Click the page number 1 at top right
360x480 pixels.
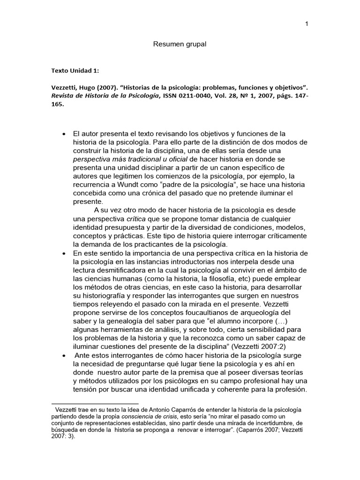tap(306, 25)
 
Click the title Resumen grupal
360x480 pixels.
tap(180, 44)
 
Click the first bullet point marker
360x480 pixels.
tap(64, 134)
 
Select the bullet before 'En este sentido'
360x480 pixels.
tap(64, 254)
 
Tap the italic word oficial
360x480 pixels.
tap(175, 159)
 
